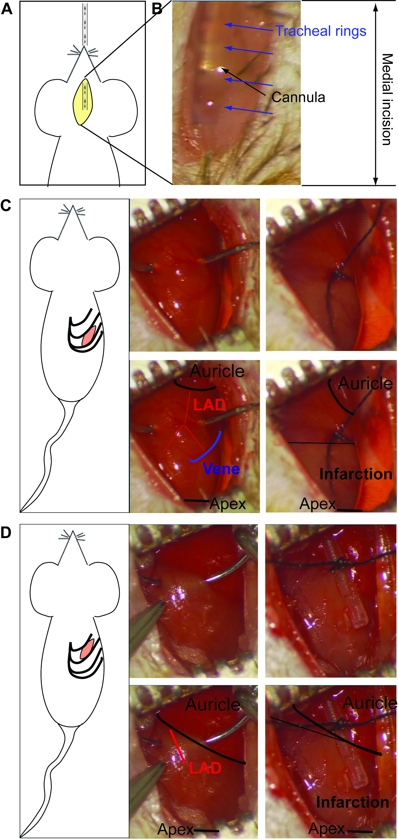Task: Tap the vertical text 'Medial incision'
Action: pyautogui.click(x=387, y=100)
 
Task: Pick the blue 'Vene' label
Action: pyautogui.click(x=221, y=469)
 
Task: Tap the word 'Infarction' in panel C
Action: pyautogui.click(x=356, y=474)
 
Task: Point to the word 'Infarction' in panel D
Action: pyautogui.click(x=353, y=802)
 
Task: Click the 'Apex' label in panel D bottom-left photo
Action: pyautogui.click(x=175, y=829)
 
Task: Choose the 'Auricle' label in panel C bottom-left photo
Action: pyautogui.click(x=217, y=371)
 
